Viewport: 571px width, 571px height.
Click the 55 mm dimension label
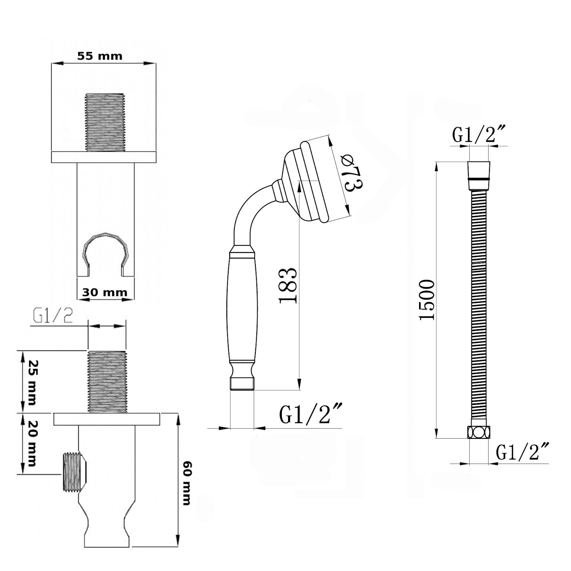100,56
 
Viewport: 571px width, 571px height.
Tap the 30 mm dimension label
104,292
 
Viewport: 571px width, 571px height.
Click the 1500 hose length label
427,300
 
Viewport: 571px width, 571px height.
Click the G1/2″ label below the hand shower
311,414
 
